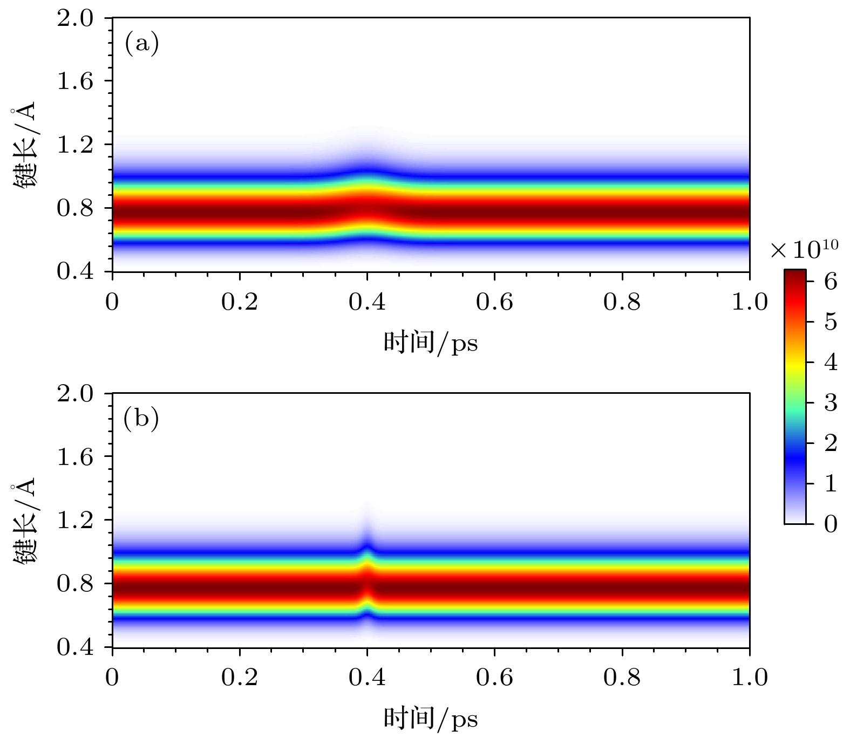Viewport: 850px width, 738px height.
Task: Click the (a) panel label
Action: click(141, 44)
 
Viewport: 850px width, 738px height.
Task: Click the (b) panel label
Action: click(141, 419)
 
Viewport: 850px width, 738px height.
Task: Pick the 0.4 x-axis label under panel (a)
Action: click(367, 302)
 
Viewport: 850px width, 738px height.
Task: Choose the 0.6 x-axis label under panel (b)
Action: click(494, 677)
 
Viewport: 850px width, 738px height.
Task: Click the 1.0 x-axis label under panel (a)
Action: click(749, 302)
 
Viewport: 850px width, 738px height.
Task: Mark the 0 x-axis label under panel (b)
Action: click(112, 677)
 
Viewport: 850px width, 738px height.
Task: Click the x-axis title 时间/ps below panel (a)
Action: click(431, 343)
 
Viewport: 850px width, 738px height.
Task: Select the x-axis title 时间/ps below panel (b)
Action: click(431, 719)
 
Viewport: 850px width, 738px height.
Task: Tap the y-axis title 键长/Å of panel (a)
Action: click(24, 145)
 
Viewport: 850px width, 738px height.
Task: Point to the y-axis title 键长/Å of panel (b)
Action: click(24, 520)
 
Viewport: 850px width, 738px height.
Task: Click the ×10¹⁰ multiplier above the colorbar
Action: click(804, 250)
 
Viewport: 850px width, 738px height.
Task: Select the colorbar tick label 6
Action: click(831, 282)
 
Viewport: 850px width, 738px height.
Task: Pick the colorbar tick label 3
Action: click(831, 402)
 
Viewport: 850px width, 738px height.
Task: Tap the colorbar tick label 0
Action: click(831, 523)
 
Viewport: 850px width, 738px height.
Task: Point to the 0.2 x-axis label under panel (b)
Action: click(240, 677)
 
